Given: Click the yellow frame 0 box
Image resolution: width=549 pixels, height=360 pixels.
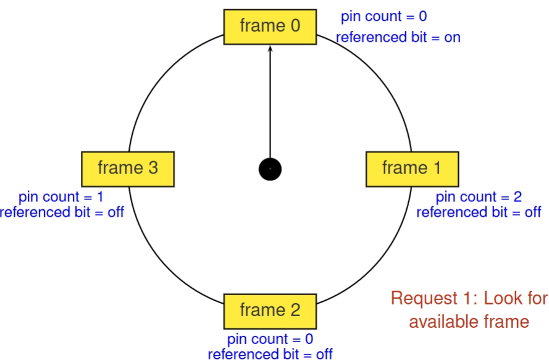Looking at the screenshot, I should coord(270,27).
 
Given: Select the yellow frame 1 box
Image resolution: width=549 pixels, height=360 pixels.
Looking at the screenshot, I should coord(413,168).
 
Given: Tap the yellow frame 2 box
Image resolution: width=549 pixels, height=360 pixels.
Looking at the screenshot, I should coord(270,310).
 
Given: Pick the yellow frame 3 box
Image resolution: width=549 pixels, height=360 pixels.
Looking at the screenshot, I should coord(128,168).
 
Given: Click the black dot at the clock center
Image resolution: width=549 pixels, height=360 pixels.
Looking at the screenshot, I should coord(270,169).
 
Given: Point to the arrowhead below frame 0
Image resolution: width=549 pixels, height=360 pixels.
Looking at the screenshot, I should coord(270,49).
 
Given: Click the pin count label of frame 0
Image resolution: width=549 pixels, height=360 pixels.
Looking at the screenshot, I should coord(383,17).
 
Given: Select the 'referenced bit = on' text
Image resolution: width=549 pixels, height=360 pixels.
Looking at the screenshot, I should coord(398,37).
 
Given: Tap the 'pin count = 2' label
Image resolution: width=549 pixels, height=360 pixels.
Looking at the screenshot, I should coord(479,197).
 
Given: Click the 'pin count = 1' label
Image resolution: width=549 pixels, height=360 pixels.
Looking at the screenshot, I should coord(61,197).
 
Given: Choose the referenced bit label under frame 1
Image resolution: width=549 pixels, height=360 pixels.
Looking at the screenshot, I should coord(479,212).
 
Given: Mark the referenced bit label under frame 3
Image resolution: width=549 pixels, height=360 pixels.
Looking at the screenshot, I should coord(62,212).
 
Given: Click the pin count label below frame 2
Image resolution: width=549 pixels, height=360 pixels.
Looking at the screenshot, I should coord(270,339).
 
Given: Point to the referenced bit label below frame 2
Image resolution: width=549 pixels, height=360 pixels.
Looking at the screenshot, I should coord(270,354).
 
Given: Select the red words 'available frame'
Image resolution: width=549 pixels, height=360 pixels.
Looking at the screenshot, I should coord(469,321).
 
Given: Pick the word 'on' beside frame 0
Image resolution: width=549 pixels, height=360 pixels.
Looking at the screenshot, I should coord(452,37).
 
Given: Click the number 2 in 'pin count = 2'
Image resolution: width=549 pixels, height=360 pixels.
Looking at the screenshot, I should coord(517,197).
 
